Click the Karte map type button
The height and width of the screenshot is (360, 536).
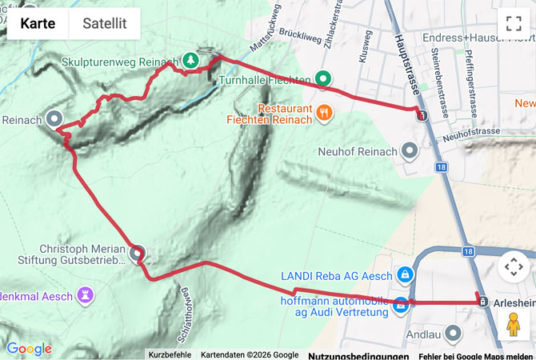click(38, 24)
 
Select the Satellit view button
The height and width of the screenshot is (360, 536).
click(105, 24)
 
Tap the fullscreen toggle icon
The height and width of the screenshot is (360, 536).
click(513, 24)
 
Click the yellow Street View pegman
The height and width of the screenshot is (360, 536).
click(513, 324)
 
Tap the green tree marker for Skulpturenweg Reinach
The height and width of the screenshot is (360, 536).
click(190, 59)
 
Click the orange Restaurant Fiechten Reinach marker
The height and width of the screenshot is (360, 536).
click(323, 113)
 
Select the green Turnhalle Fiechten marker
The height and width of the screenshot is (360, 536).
click(322, 78)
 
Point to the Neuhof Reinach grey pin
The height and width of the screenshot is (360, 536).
click(410, 150)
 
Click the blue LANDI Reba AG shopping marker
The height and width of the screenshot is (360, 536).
click(405, 275)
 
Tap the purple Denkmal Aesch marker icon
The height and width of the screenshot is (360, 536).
click(85, 295)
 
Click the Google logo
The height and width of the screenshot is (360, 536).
click(30, 349)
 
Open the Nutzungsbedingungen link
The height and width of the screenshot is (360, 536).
click(358, 355)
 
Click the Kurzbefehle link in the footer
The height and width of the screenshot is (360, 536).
click(169, 355)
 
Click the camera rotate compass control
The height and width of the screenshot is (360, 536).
click(513, 267)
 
